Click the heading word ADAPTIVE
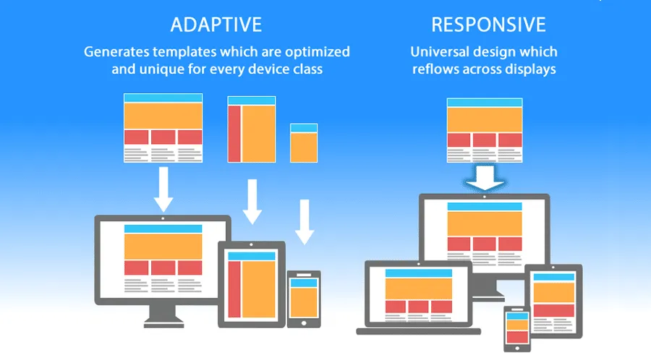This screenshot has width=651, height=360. click(216, 25)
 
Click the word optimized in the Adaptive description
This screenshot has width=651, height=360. click(315, 52)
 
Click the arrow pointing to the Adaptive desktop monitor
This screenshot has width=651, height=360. click(163, 189)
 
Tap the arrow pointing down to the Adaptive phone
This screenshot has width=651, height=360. click(305, 223)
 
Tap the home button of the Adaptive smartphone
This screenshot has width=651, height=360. click(304, 322)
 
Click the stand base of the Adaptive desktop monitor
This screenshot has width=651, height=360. click(163, 322)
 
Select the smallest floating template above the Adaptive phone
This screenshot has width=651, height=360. click(304, 142)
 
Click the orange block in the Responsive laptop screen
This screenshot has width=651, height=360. click(419, 288)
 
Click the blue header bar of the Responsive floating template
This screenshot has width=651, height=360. click(485, 103)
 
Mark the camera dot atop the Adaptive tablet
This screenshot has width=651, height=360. click(252, 246)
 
